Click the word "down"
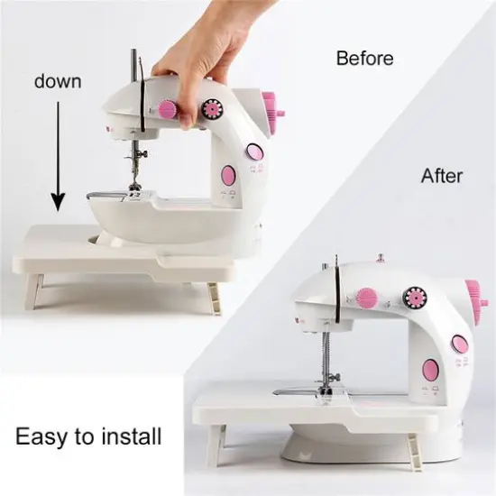click(58, 81)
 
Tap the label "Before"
click(364, 59)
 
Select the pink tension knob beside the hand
click(167, 109)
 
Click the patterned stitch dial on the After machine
click(416, 296)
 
